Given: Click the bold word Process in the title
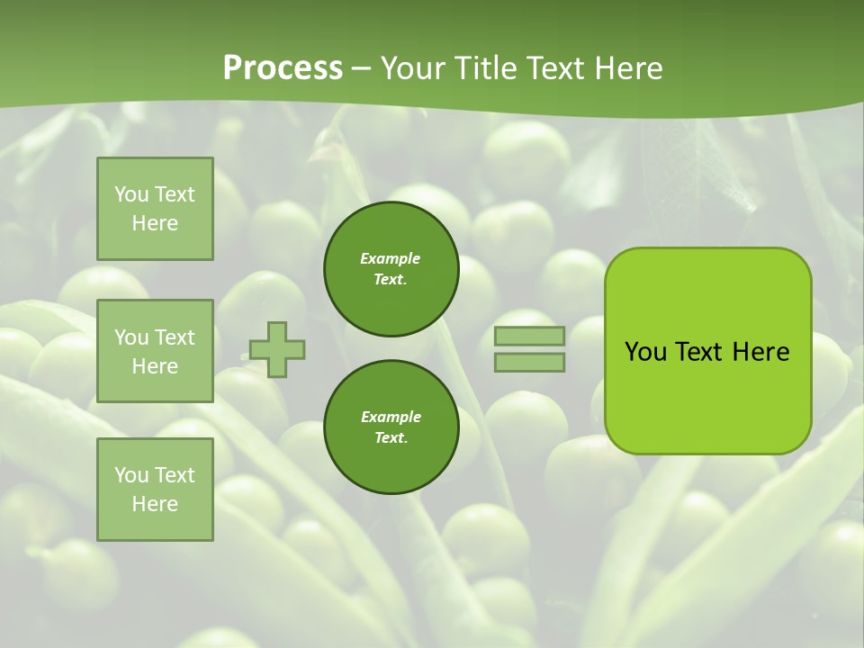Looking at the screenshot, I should tap(283, 68).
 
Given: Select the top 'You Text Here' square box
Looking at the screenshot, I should tap(155, 209).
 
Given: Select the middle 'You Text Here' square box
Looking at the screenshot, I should tap(155, 351).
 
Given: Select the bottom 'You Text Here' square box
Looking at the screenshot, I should tap(155, 490).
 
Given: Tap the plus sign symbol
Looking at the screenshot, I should tap(277, 349).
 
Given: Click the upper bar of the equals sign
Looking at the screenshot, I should tap(529, 337).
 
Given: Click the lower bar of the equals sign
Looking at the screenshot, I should tap(529, 363).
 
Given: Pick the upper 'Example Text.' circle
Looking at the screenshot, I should tap(391, 268).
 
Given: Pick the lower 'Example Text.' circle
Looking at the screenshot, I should tap(391, 427).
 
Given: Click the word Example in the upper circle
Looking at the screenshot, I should tap(391, 258).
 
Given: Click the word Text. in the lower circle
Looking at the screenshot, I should tap(391, 437).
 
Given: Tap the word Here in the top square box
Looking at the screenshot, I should tap(155, 223).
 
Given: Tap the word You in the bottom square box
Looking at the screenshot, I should tap(131, 475).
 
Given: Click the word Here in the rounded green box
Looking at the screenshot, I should tap(760, 352).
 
